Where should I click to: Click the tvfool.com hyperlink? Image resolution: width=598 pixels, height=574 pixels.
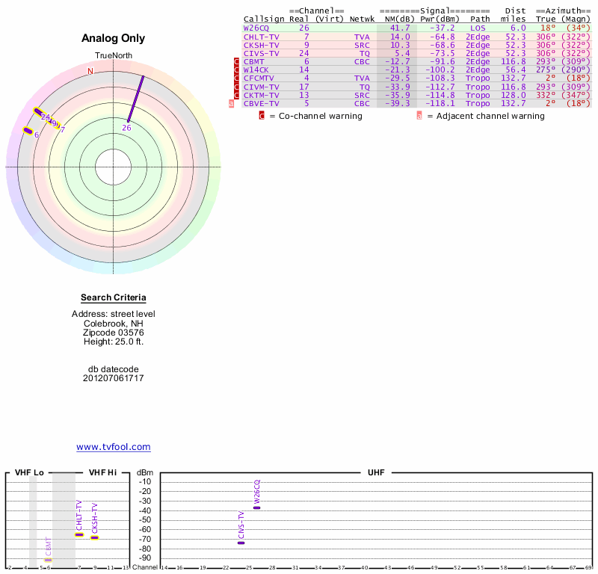114,447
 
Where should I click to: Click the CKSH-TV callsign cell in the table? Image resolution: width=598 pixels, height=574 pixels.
262,45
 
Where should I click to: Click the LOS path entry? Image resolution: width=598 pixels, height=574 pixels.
478,28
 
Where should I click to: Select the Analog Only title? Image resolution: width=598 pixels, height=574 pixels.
114,39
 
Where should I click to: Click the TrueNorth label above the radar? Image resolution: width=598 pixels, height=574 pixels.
114,56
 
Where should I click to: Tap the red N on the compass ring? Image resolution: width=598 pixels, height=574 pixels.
90,72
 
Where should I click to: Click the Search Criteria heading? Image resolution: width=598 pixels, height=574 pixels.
114,298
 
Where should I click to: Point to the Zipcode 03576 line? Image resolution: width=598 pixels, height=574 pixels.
114,333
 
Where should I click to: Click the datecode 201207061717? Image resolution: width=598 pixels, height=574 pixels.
114,378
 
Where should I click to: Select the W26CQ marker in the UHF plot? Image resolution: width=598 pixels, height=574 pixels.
256,507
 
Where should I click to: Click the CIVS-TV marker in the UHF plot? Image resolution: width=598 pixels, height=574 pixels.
241,543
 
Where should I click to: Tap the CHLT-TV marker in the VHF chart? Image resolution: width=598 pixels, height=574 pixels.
79,534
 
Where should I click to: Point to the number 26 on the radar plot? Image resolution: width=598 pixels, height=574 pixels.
126,128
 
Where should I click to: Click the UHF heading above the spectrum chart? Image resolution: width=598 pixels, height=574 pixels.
376,473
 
